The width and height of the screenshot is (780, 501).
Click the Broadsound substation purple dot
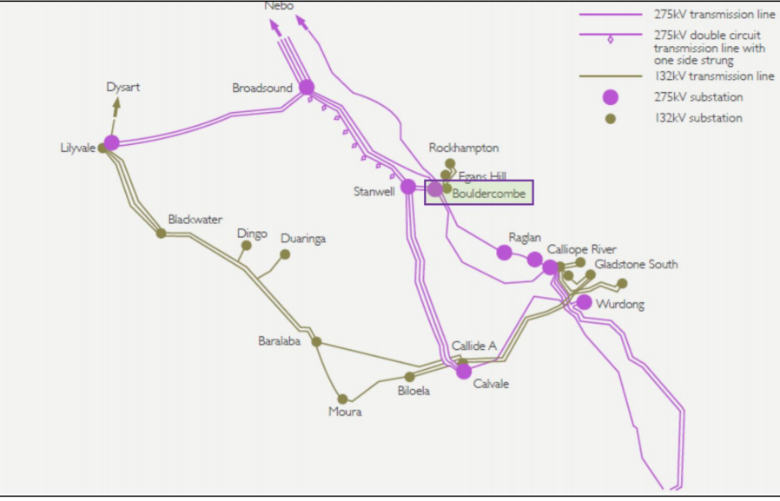pos(307,87)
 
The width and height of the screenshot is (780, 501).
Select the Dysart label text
pos(122,87)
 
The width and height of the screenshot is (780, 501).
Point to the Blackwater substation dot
pos(161,233)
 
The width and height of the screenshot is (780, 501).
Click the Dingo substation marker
pos(246,246)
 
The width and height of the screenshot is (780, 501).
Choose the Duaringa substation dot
pos(285,254)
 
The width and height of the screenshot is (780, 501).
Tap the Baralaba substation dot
pos(316,342)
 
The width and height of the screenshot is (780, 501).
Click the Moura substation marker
pos(343,399)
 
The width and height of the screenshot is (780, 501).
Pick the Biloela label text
pos(413,392)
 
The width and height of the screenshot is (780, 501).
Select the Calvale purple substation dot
pos(464,371)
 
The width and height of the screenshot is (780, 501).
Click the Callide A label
pos(473,346)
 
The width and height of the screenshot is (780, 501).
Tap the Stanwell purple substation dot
pos(408,187)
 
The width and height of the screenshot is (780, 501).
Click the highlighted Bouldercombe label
pos(488,194)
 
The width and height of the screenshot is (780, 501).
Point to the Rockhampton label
pos(464,148)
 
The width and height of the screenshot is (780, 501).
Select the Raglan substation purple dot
pos(505,253)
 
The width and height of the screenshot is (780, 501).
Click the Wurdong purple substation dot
pos(585,302)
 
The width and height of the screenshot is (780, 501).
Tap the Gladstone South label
pos(636,264)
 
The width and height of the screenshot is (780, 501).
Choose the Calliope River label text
pos(581,249)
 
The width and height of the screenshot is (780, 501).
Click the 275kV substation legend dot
pos(611,96)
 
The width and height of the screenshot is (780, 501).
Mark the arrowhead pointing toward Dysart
pos(116,103)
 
